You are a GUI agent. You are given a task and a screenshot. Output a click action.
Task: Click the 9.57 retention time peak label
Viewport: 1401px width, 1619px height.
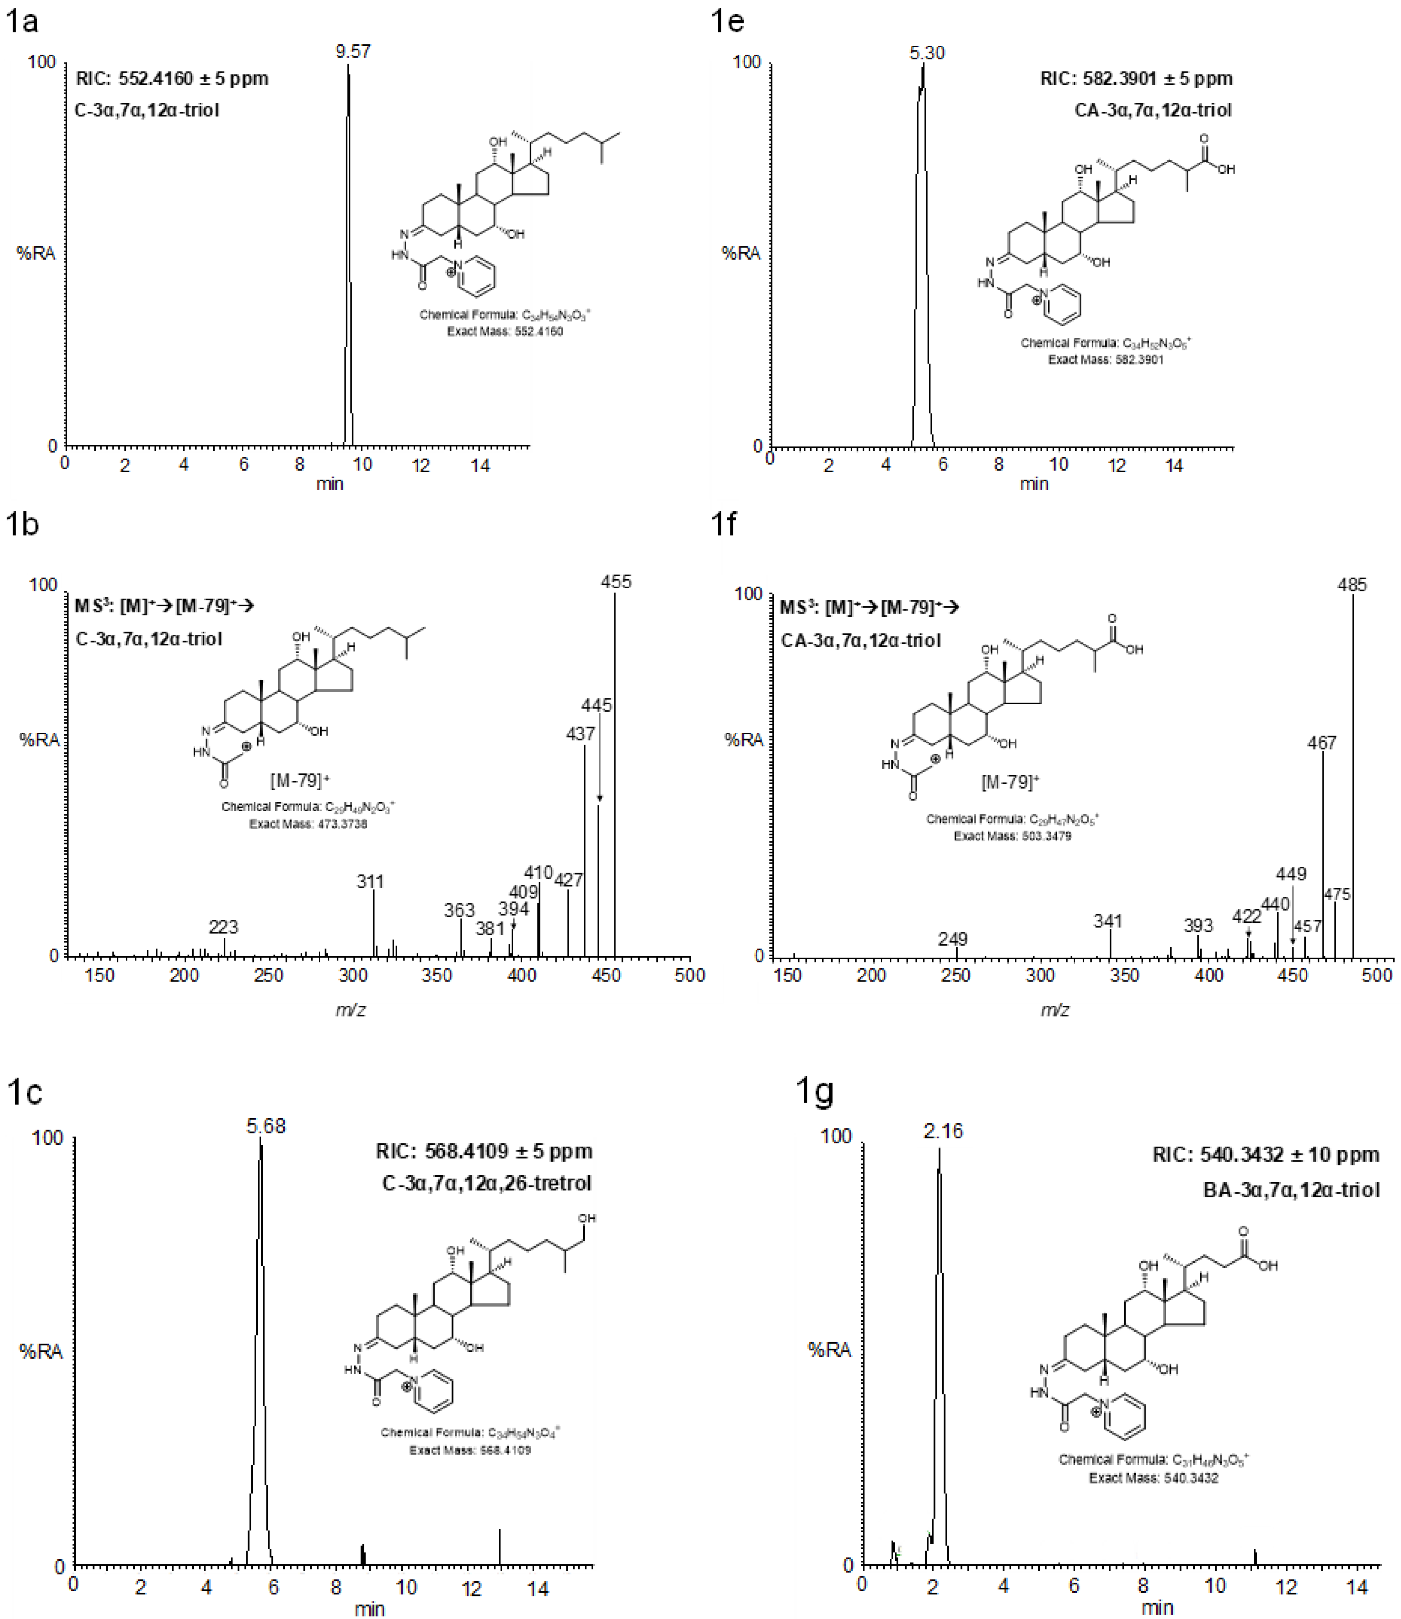[353, 52]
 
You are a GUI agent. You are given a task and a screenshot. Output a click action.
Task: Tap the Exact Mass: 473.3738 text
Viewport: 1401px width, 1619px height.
[308, 824]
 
